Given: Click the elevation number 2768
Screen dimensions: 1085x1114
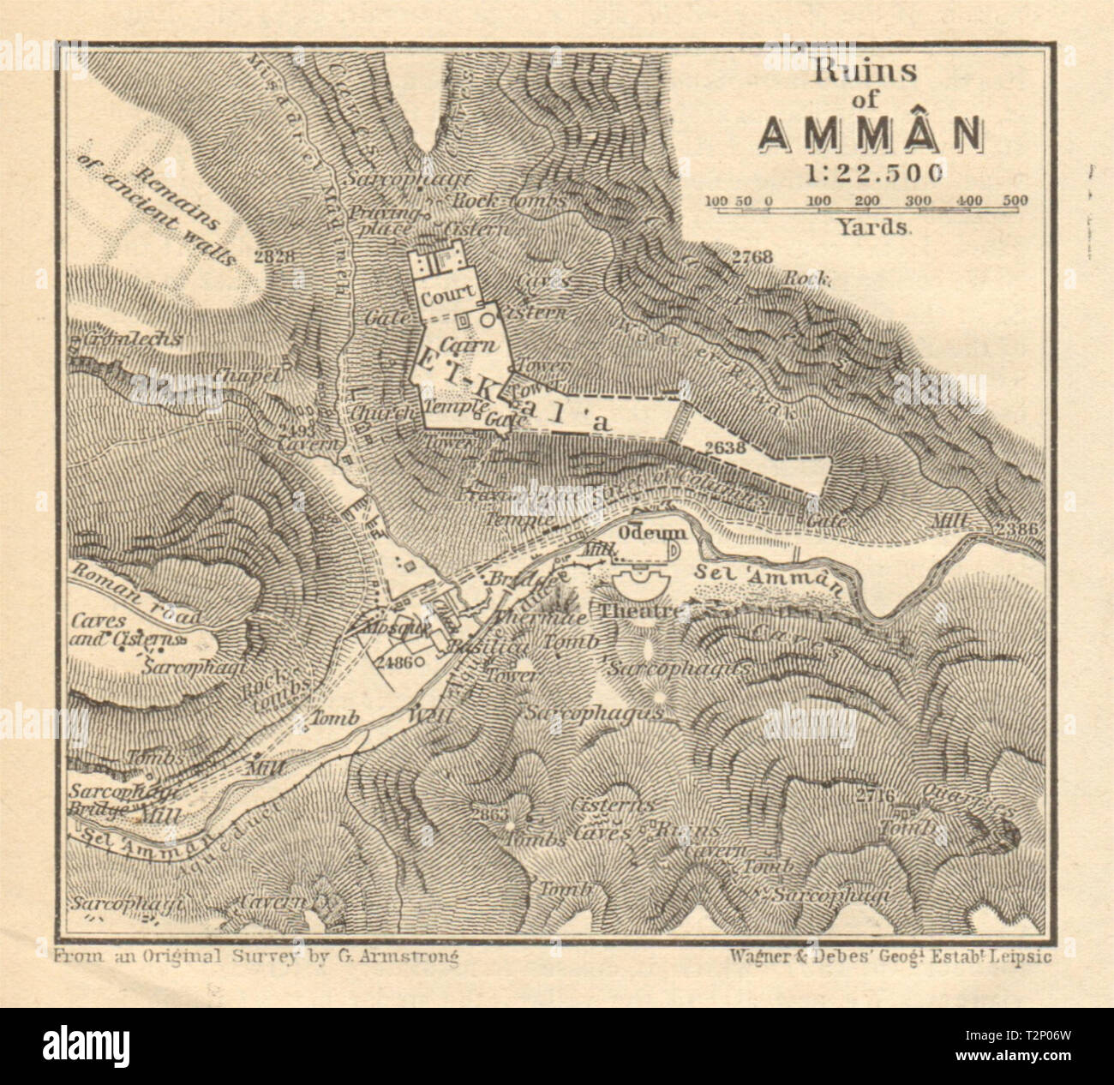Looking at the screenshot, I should (x=753, y=256).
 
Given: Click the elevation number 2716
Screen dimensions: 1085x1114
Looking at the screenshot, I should (x=874, y=796).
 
